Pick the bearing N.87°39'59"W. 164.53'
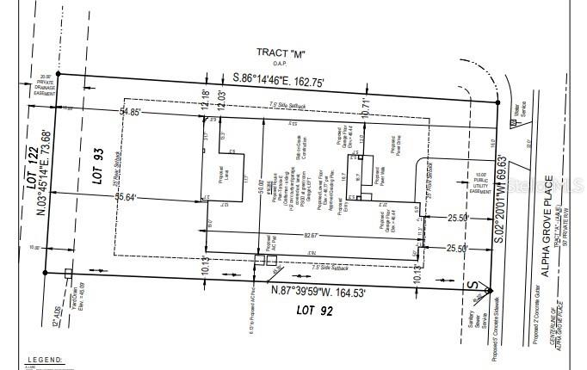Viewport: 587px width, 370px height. click(x=318, y=292)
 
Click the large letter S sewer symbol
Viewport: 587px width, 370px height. click(x=471, y=287)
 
